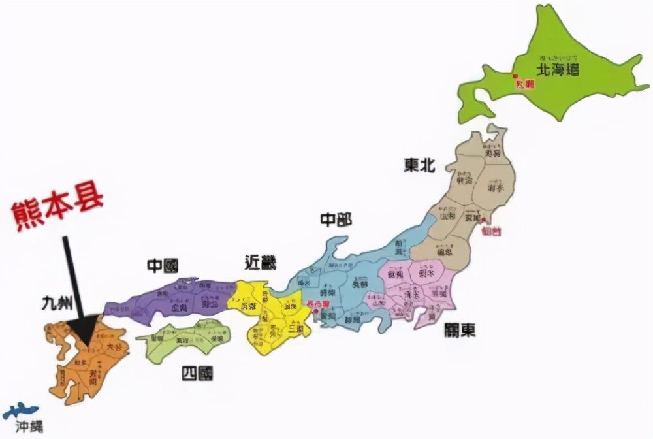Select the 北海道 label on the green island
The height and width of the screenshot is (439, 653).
pyautogui.click(x=557, y=70)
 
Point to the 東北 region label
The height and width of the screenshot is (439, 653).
pyautogui.click(x=419, y=166)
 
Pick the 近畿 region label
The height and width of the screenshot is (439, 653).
pyautogui.click(x=260, y=263)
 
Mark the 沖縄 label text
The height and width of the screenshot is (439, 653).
pyautogui.click(x=29, y=429)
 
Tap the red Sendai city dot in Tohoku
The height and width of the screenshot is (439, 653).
pyautogui.click(x=484, y=220)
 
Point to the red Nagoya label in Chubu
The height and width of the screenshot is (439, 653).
pyautogui.click(x=318, y=304)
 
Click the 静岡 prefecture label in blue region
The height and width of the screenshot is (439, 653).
pyautogui.click(x=353, y=320)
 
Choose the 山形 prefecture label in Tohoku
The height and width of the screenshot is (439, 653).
pyautogui.click(x=447, y=215)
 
